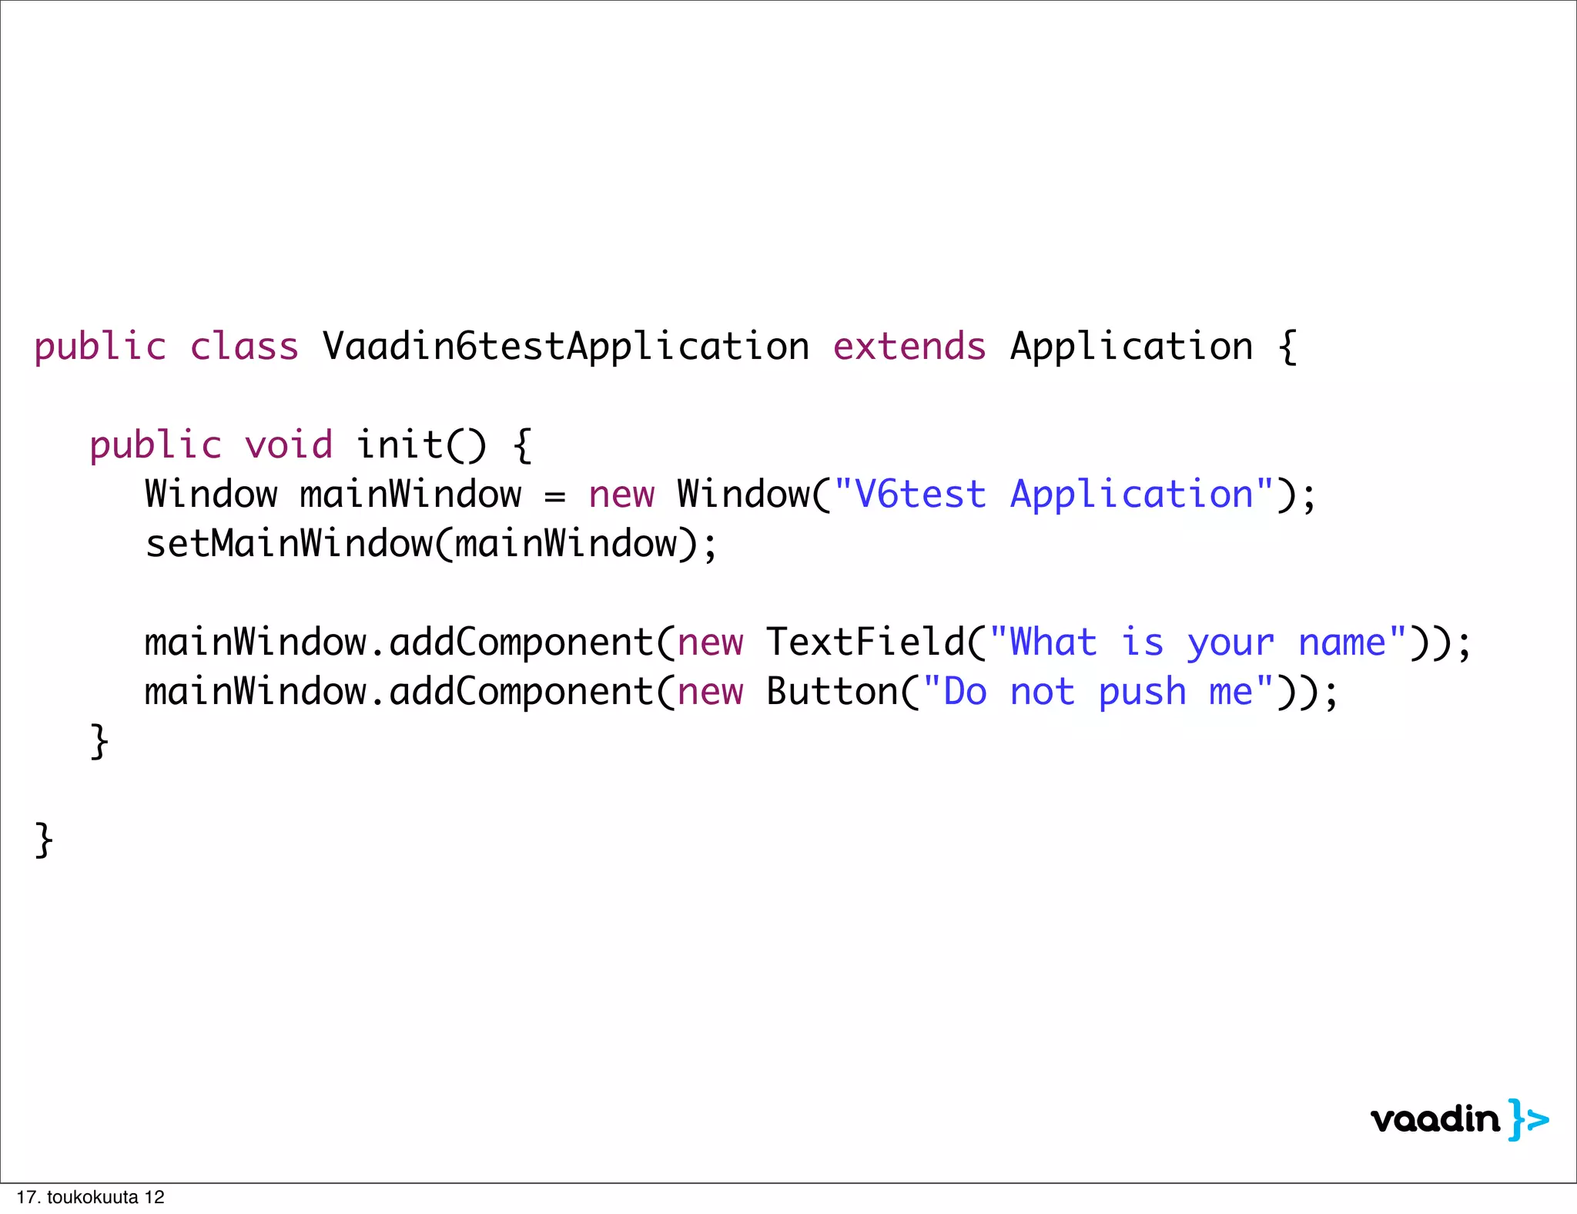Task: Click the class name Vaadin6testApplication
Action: [x=566, y=347]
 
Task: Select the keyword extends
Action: [x=909, y=347]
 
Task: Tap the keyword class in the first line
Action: [x=244, y=347]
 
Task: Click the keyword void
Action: [x=289, y=445]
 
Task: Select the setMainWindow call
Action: [x=431, y=544]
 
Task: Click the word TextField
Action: [x=865, y=642]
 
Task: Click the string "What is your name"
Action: [x=1197, y=642]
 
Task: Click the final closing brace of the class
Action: [x=44, y=840]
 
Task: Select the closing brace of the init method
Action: [x=99, y=741]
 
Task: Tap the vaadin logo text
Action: [x=1435, y=1119]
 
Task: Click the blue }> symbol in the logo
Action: [x=1528, y=1119]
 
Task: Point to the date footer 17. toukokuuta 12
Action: [x=91, y=1197]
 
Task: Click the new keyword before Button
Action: [x=710, y=692]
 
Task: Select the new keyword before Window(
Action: [x=621, y=495]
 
